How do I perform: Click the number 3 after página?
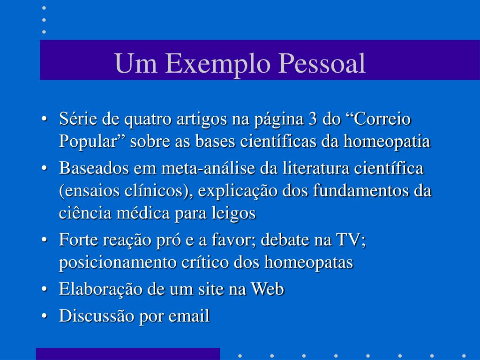pos(312,119)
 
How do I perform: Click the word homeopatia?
pos(387,142)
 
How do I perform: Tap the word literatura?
pos(315,168)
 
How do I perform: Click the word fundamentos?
pos(360,191)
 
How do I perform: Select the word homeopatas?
pos(308,262)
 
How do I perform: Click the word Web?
pos(267,289)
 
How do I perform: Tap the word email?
pos(189,315)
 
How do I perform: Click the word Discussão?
pos(97,315)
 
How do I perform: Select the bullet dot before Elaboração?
pos(45,289)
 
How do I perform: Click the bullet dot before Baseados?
pos(45,169)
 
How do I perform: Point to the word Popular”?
pos(93,142)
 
